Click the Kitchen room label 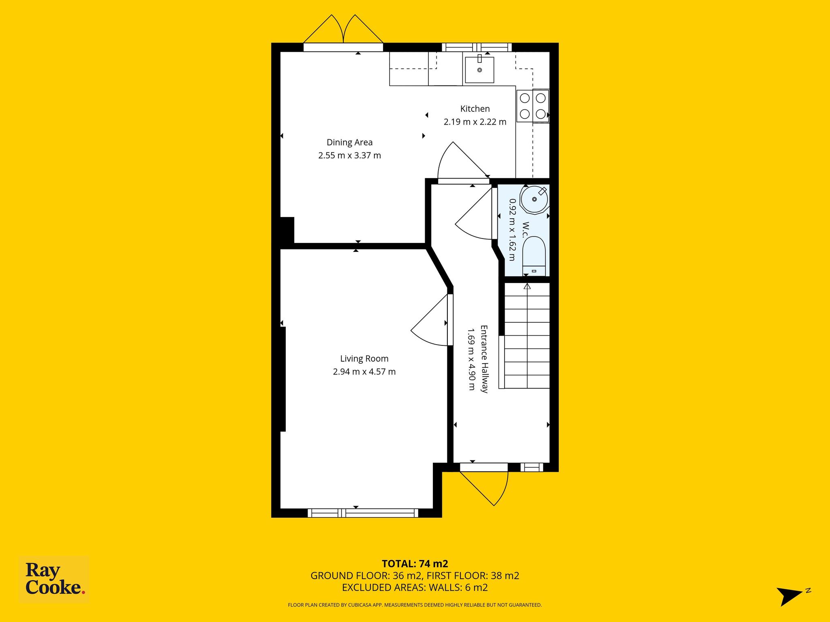pos(475,109)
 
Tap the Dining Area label pos(349,142)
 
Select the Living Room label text pos(364,359)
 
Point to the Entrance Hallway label pos(484,359)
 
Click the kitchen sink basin pos(479,70)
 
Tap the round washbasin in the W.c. pos(535,199)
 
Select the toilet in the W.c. pos(534,256)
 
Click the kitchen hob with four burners pos(533,106)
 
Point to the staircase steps pos(527,335)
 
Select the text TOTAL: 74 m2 pos(415,563)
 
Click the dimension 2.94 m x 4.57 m pos(364,372)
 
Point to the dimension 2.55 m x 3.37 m pos(349,155)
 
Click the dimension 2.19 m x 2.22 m pos(475,122)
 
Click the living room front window pos(363,513)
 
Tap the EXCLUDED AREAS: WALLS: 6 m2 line pos(415,588)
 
